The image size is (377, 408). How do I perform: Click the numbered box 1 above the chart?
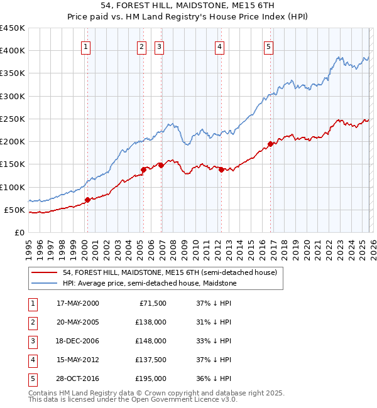point(85,46)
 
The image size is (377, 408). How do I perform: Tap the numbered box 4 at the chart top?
point(219,46)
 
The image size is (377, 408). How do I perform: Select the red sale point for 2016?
point(271,144)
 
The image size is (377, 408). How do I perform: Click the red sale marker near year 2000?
point(87,200)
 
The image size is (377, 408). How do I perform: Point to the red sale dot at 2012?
point(221,169)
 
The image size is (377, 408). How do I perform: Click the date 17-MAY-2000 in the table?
point(77,303)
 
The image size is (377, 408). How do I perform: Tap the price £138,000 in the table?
point(151,322)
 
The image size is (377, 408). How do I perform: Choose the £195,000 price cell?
point(151,378)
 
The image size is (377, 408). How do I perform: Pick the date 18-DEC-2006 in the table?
point(77,341)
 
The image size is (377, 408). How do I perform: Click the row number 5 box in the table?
point(33,378)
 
